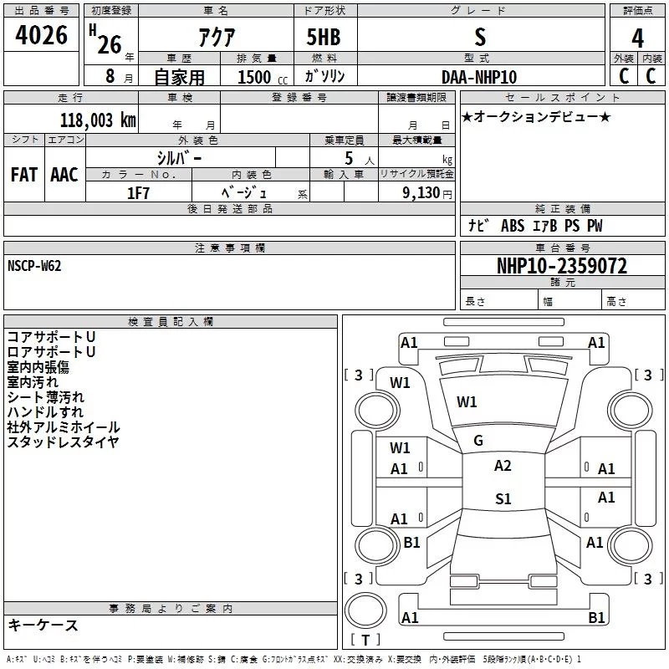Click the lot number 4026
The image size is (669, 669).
tap(42, 36)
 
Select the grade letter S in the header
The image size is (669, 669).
tap(479, 37)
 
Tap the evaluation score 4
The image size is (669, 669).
tap(638, 38)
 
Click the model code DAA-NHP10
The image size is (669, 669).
tap(479, 77)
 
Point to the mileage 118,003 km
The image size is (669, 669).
tap(98, 120)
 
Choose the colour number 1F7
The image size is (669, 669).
tap(138, 193)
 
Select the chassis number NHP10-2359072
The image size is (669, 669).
tap(562, 266)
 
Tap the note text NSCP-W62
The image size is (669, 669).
tap(34, 266)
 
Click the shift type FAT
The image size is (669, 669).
tap(24, 174)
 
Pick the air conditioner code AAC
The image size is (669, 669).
tap(64, 174)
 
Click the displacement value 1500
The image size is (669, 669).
tap(254, 77)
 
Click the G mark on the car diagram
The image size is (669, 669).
tap(478, 441)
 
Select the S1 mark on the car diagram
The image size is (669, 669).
tap(503, 499)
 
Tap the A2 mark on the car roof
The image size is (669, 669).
tap(503, 466)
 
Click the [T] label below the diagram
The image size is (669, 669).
tap(365, 641)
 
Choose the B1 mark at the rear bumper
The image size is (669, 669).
tap(596, 617)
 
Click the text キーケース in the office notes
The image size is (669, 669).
tap(43, 626)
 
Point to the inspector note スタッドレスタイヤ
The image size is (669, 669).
tap(63, 442)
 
